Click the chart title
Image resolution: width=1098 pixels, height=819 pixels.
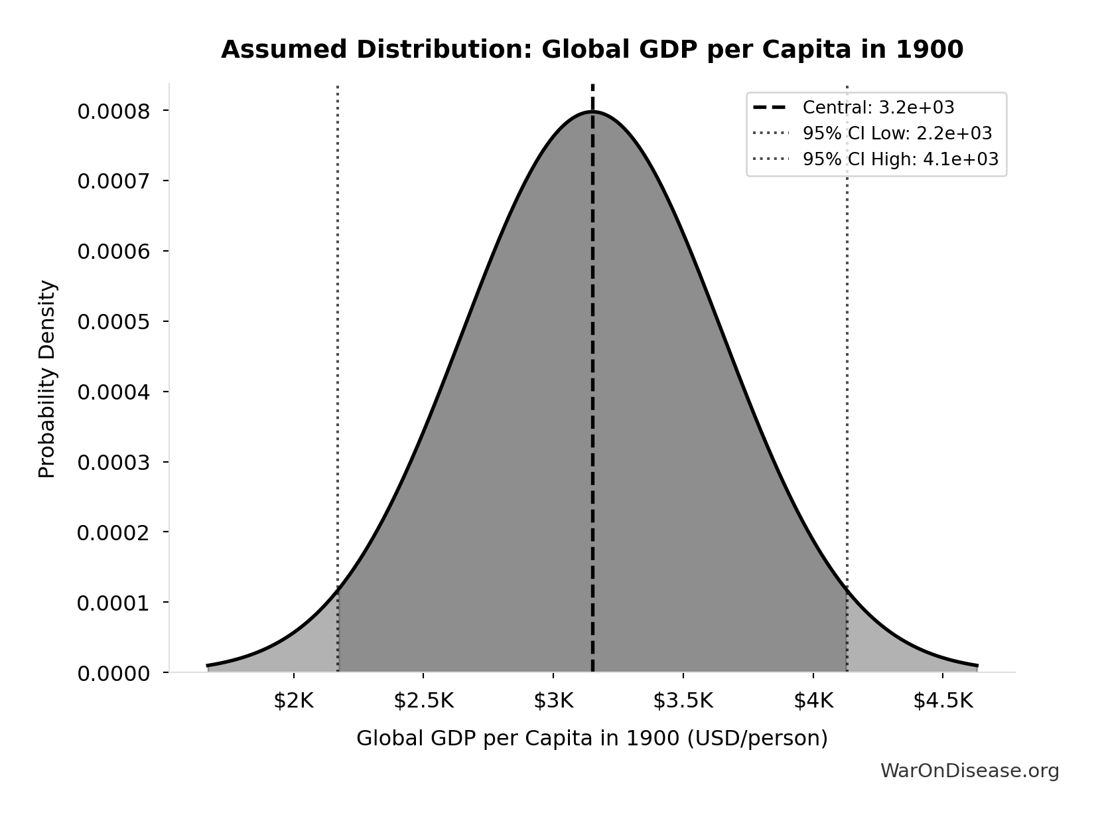click(x=592, y=50)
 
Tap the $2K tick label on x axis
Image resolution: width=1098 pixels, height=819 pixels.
click(x=293, y=701)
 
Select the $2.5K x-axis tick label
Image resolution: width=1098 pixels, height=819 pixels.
click(x=423, y=701)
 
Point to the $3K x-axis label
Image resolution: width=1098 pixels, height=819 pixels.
click(x=553, y=701)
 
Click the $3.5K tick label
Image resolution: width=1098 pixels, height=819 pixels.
click(x=683, y=701)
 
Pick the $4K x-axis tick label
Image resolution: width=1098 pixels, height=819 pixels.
click(x=813, y=701)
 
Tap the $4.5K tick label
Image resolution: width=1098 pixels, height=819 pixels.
click(x=943, y=701)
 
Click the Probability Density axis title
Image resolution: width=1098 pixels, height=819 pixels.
click(x=47, y=379)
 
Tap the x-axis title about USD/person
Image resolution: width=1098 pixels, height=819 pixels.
click(x=592, y=738)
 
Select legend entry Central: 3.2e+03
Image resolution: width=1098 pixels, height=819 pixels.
click(x=878, y=108)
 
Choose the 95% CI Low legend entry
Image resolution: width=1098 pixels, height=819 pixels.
click(x=896, y=133)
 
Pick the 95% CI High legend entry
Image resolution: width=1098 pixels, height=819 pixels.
click(x=900, y=159)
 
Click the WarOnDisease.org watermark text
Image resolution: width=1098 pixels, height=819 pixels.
click(x=969, y=771)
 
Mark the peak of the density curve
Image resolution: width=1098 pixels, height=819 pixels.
click(x=592, y=112)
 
